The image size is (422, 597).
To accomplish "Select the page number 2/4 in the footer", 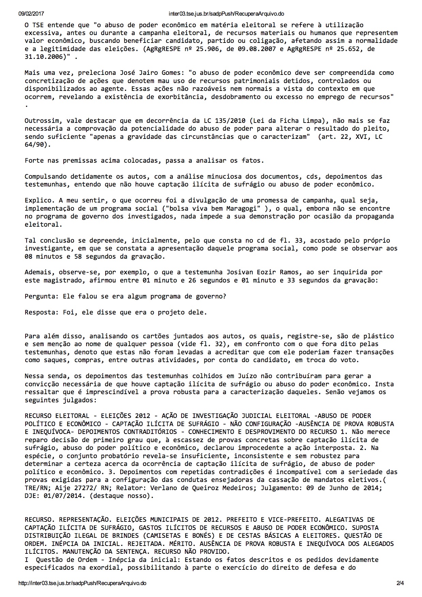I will pos(400,583).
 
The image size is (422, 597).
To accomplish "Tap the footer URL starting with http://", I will pos(82,583).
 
